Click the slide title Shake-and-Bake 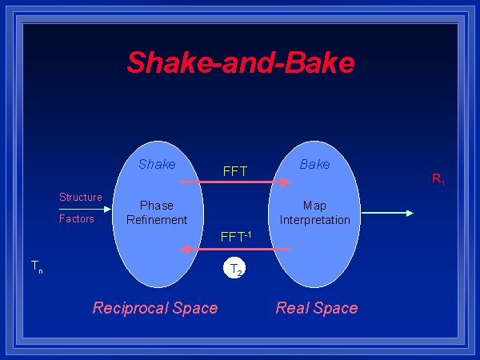(241, 62)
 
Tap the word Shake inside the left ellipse (157, 165)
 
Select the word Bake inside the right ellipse (314, 165)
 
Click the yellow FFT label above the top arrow (234, 170)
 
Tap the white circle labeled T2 (234, 270)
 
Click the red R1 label (438, 179)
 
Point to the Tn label (37, 266)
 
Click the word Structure (81, 197)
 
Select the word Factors (77, 218)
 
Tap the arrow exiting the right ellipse (387, 213)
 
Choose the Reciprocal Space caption (155, 308)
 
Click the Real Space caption (317, 308)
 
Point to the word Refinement (157, 220)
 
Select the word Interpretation (314, 220)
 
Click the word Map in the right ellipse (314, 206)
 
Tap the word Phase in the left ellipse (157, 206)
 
